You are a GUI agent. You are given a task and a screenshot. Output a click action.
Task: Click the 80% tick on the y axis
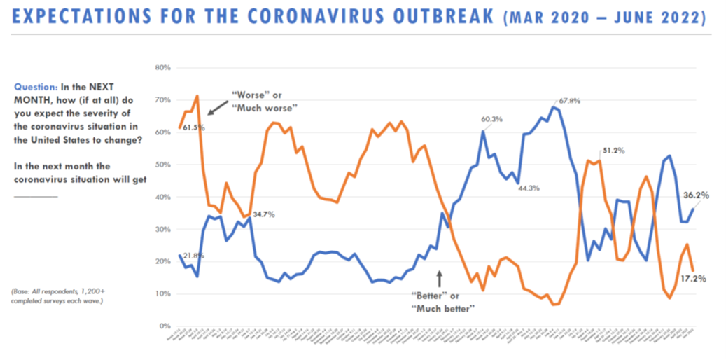[x=162, y=68]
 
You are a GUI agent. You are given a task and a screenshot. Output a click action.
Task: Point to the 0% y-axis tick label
[x=165, y=326]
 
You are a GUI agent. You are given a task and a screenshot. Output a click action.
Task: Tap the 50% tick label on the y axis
[x=162, y=165]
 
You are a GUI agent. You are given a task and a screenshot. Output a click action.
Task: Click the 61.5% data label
[x=192, y=127]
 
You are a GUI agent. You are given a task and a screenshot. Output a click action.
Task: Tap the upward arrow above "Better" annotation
[x=440, y=278]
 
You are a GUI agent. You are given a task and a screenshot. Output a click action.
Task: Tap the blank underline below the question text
[x=35, y=197]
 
